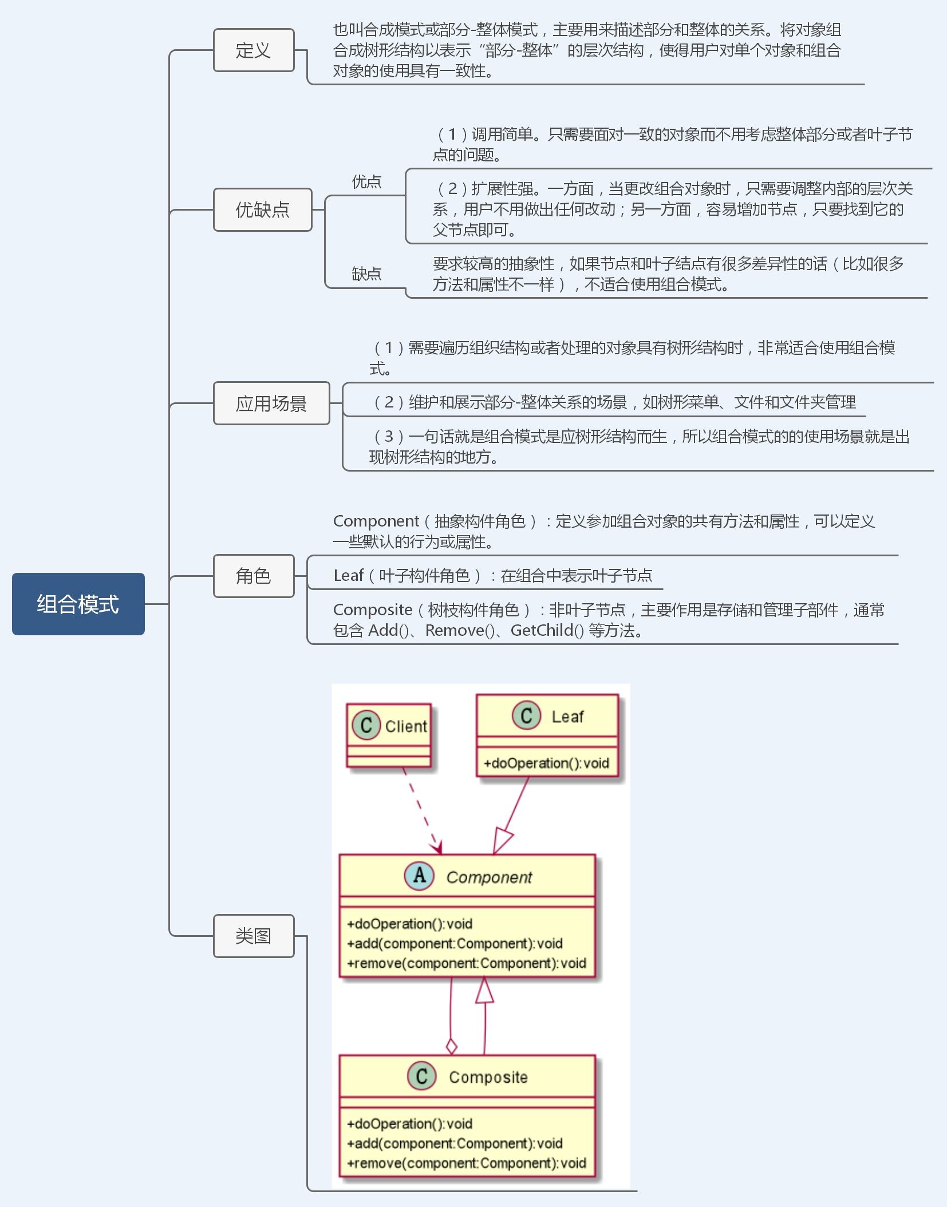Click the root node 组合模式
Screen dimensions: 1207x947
click(x=78, y=604)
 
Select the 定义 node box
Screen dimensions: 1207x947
click(x=254, y=50)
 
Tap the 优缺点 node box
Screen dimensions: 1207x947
click(x=262, y=210)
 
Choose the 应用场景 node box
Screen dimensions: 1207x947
click(x=271, y=403)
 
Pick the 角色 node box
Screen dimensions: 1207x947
click(x=254, y=576)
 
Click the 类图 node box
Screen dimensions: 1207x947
click(x=254, y=936)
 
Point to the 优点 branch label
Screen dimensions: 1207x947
click(x=366, y=182)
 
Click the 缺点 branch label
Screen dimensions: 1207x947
click(x=366, y=274)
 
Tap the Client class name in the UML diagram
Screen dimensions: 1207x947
click(x=406, y=726)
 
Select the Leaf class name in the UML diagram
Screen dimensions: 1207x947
click(x=567, y=717)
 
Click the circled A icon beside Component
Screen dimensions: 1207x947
click(x=419, y=876)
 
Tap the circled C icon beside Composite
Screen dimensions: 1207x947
click(x=421, y=1076)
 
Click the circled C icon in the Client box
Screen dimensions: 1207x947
click(x=366, y=726)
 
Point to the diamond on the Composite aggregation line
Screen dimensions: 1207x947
click(x=451, y=1046)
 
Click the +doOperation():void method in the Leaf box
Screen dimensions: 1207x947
click(x=546, y=763)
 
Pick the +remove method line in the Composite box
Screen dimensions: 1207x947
click(x=467, y=1163)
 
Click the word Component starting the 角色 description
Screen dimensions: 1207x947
click(x=376, y=521)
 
